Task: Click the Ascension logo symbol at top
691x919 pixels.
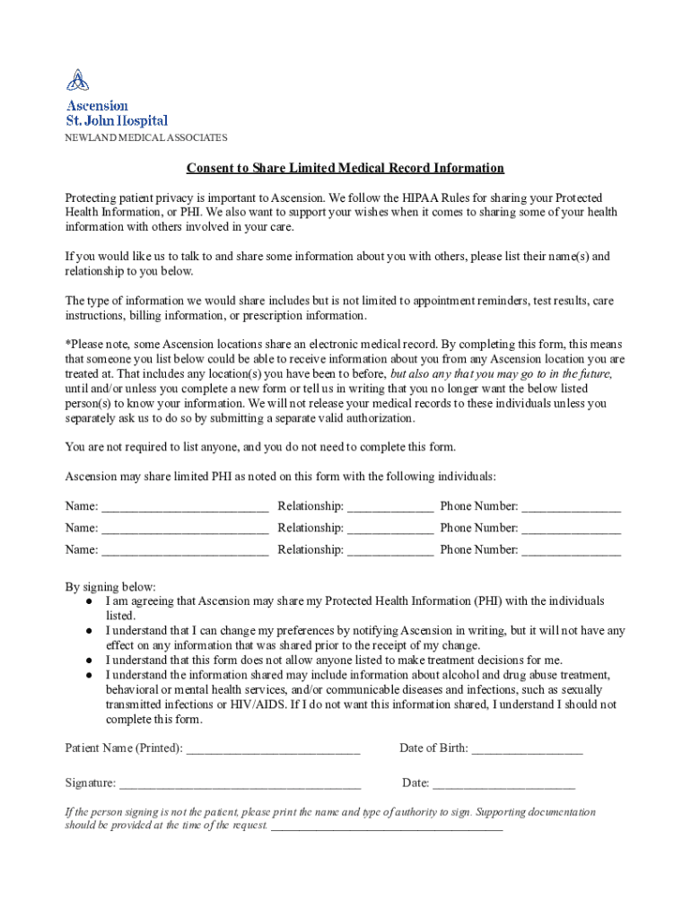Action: (x=78, y=80)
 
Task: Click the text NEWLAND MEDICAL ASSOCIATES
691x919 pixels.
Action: (x=145, y=138)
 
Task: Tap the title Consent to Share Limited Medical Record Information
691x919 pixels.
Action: (x=345, y=168)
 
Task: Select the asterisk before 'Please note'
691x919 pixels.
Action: (x=67, y=344)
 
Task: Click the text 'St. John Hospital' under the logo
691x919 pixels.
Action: (x=117, y=120)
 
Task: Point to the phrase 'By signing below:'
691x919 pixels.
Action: (x=110, y=587)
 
